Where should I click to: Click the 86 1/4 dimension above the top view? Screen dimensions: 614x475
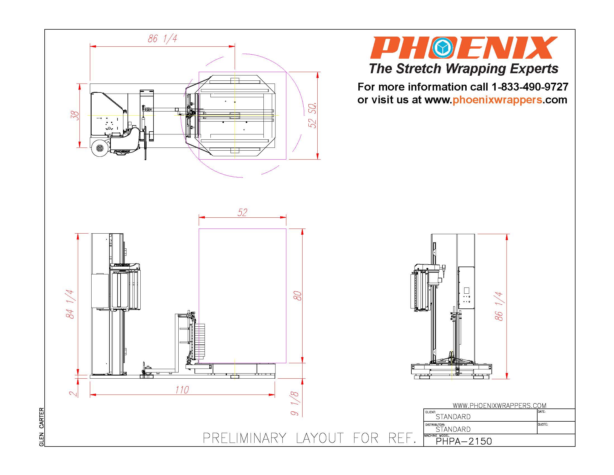[x=162, y=39]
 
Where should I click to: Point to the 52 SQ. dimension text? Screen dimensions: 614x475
[x=313, y=115]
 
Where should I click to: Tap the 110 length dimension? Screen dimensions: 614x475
[x=182, y=390]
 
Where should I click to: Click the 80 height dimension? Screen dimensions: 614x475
[x=298, y=296]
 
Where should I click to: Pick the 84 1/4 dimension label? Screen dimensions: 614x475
[x=70, y=304]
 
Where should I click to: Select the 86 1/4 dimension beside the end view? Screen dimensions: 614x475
[x=499, y=307]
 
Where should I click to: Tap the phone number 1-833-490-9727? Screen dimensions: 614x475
[x=530, y=87]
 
